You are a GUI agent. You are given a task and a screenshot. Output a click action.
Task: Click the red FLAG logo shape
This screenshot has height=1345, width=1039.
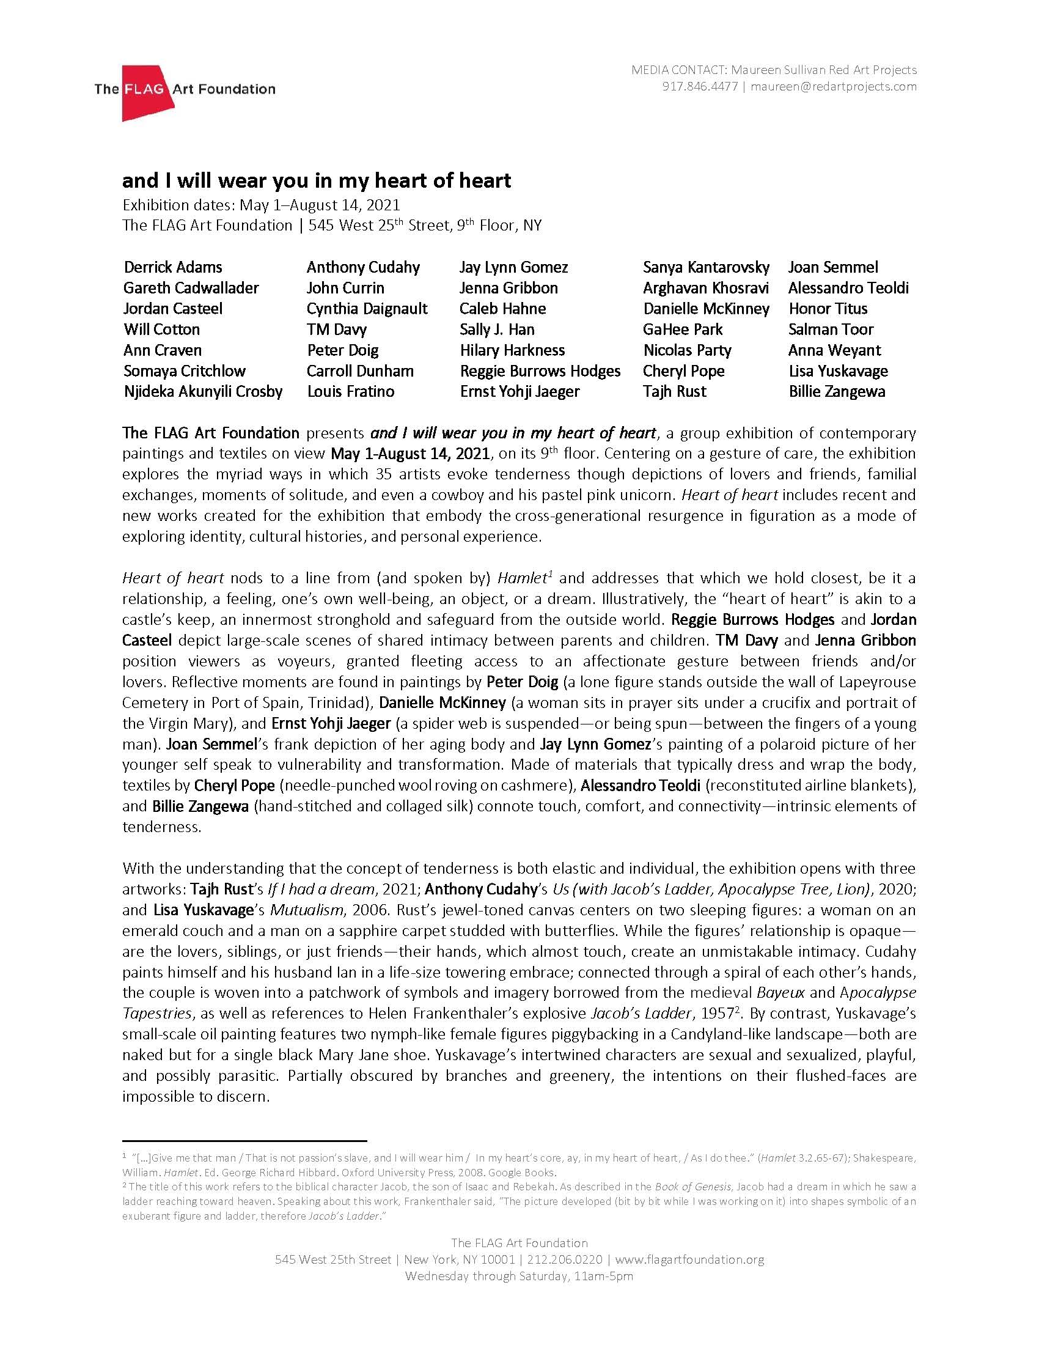[145, 92]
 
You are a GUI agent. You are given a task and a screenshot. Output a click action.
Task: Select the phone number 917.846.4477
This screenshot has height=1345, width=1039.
[699, 86]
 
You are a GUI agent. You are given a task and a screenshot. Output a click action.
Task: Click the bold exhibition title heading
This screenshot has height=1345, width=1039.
[317, 180]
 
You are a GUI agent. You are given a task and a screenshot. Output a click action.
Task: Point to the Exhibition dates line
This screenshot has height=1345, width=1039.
[261, 204]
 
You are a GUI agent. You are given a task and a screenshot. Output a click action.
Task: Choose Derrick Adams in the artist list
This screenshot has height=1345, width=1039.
[173, 267]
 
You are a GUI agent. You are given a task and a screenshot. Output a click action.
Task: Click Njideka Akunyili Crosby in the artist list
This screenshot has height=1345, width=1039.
[202, 391]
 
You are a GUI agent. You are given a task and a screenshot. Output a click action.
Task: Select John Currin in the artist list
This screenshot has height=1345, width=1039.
[345, 287]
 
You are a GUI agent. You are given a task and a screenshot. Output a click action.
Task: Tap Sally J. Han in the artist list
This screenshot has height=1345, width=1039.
[497, 329]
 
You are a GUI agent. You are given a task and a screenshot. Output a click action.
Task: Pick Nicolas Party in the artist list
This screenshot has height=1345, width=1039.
[687, 350]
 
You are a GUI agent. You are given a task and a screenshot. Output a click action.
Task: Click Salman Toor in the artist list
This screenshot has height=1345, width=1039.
[831, 329]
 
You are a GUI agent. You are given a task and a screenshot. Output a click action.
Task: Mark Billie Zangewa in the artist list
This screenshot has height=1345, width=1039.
[837, 391]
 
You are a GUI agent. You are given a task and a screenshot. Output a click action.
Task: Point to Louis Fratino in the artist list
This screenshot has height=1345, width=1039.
[350, 391]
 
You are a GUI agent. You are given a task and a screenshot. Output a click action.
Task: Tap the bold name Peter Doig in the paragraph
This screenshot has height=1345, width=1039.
[522, 682]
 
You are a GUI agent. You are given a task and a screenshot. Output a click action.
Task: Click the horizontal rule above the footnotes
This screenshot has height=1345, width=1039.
[244, 1140]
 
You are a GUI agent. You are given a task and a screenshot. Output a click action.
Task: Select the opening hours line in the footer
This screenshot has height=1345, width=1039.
[519, 1276]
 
